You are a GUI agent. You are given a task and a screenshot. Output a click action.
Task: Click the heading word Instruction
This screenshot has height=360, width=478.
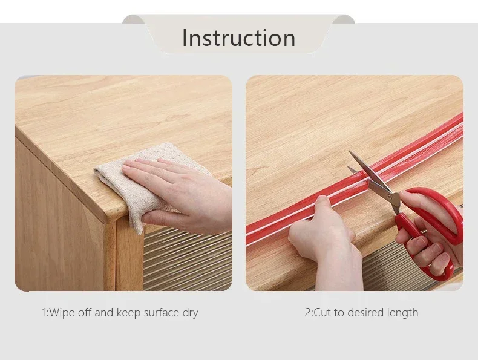pos(238,38)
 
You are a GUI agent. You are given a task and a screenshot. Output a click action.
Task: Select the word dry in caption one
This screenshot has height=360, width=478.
pos(191,313)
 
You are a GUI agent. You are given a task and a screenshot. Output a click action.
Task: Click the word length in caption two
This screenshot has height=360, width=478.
pos(402,313)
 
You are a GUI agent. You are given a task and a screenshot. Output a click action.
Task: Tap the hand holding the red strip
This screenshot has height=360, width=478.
pos(326,244)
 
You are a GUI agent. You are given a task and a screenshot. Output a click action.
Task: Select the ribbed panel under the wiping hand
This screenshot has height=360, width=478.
pos(188,259)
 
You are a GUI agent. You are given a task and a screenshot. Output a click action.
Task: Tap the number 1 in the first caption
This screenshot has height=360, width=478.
pos(44,313)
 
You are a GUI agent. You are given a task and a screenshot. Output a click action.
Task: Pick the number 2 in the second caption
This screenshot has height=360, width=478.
pos(308,313)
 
